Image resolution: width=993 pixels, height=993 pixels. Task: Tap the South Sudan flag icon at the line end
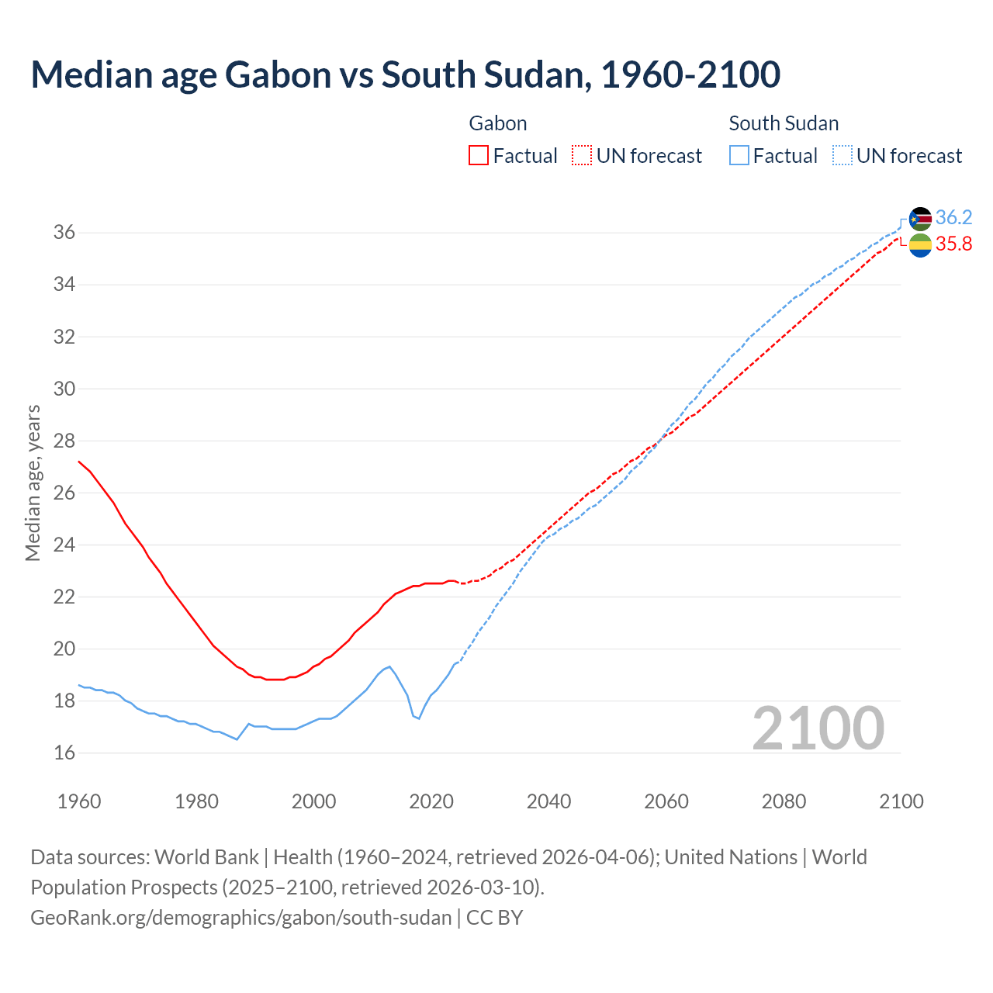[x=920, y=219]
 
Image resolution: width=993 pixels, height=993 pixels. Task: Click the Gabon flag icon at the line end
[x=920, y=245]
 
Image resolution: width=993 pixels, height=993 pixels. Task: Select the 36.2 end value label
[x=953, y=218]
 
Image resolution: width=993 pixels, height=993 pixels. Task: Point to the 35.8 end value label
[x=953, y=244]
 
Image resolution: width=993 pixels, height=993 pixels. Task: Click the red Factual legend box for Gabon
[x=479, y=156]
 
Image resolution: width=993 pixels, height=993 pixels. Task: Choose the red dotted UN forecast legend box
[x=582, y=156]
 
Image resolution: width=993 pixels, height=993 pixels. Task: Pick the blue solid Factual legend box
[x=739, y=156]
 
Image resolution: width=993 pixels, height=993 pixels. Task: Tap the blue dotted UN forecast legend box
[x=842, y=156]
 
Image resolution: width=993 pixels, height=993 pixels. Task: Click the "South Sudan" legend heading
[x=784, y=123]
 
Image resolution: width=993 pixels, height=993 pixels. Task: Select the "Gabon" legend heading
[x=498, y=123]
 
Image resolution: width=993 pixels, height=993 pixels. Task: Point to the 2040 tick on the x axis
[x=548, y=801]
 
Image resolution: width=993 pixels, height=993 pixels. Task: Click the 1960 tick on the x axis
[x=79, y=801]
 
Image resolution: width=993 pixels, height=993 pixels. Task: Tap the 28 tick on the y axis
[x=64, y=441]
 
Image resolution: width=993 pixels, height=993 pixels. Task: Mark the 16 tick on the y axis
[x=64, y=753]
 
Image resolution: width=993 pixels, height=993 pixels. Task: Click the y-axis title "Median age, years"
[x=33, y=483]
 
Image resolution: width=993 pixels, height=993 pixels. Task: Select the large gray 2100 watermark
[x=818, y=728]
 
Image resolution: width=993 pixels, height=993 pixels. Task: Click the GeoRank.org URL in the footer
[x=240, y=918]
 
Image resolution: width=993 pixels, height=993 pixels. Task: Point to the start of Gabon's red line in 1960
[x=79, y=462]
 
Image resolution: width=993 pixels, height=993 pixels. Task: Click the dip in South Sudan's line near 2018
[x=419, y=718]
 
